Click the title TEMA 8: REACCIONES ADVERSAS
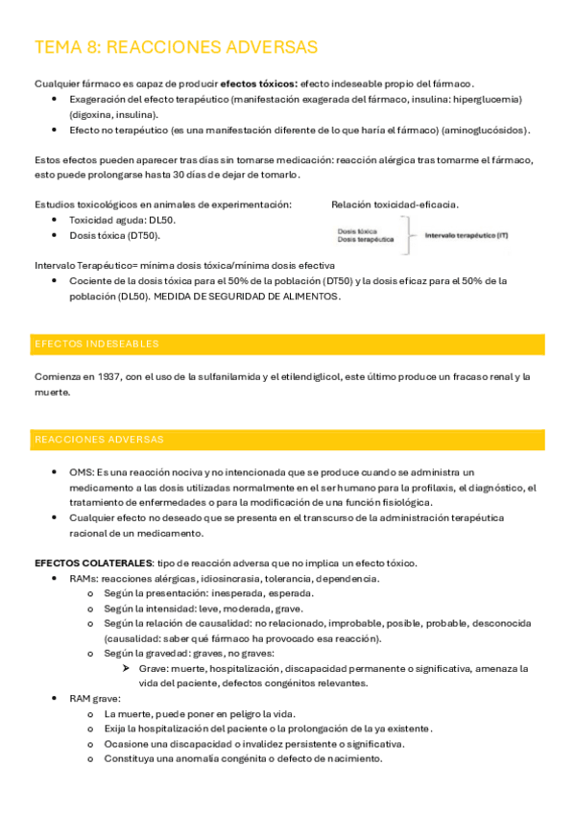[176, 48]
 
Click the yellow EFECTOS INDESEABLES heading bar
[289, 344]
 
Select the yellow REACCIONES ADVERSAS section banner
[289, 440]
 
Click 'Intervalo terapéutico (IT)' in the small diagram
[467, 235]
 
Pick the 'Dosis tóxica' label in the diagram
[357, 231]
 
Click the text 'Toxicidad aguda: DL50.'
[122, 220]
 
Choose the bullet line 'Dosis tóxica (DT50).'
[115, 235]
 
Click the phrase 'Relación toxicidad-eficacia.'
[395, 204]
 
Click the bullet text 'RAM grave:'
[94, 699]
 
